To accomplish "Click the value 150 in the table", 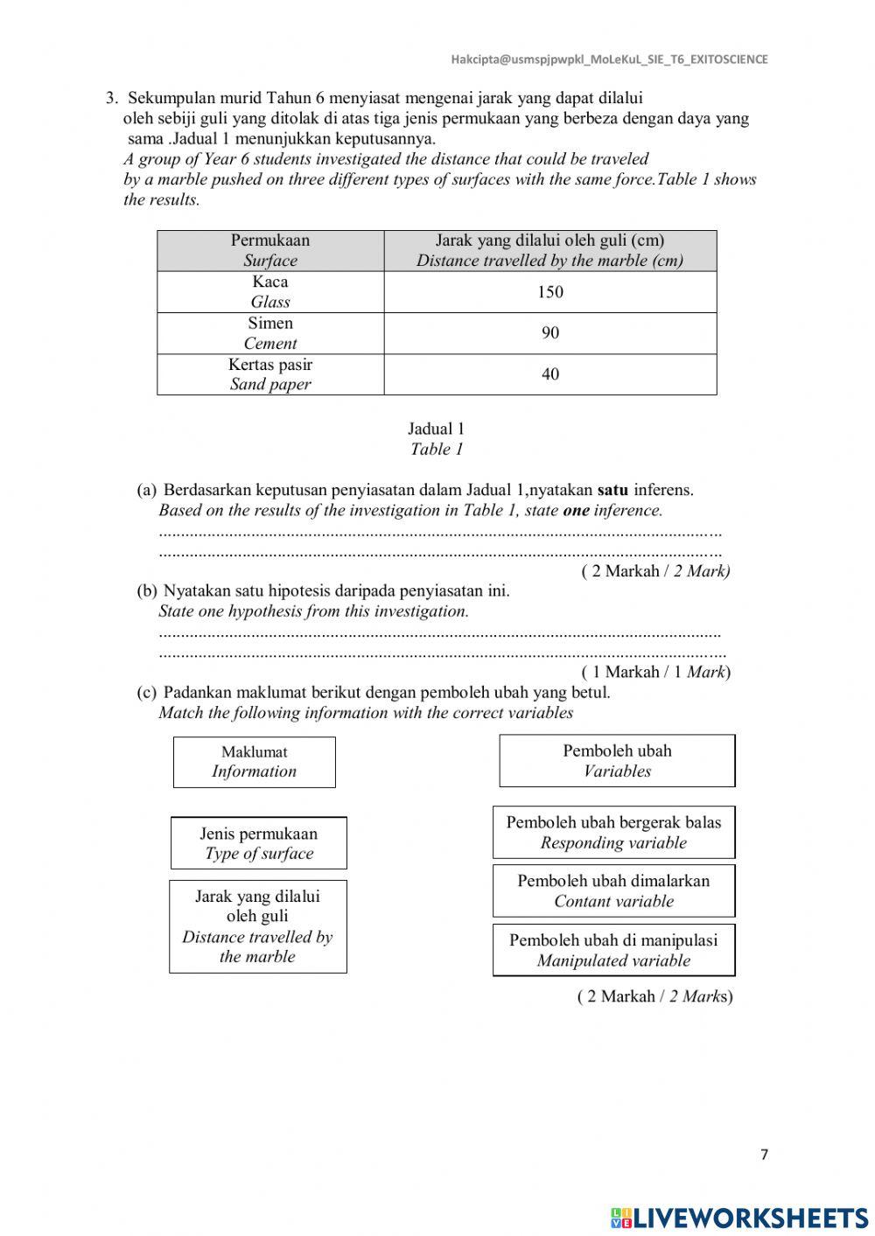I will point(549,292).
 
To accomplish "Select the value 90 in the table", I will point(549,333).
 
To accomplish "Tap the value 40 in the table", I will point(549,374).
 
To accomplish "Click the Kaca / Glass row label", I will point(270,292).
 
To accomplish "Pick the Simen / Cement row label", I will point(270,333).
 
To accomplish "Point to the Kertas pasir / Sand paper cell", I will point(270,374).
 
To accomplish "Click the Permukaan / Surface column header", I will point(270,250).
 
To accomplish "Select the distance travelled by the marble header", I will point(549,250).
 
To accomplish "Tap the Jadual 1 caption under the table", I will point(436,439).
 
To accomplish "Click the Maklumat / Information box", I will point(254,762).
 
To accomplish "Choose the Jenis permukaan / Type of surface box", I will point(258,843).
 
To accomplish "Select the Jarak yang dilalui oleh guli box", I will point(257,926).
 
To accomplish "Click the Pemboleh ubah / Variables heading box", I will point(617,761).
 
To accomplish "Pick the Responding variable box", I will point(613,833).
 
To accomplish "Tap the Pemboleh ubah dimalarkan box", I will point(613,891).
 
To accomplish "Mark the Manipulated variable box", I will point(613,950).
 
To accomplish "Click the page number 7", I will point(764,1155).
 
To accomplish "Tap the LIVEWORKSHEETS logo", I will point(739,1217).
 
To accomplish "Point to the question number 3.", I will point(111,98).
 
